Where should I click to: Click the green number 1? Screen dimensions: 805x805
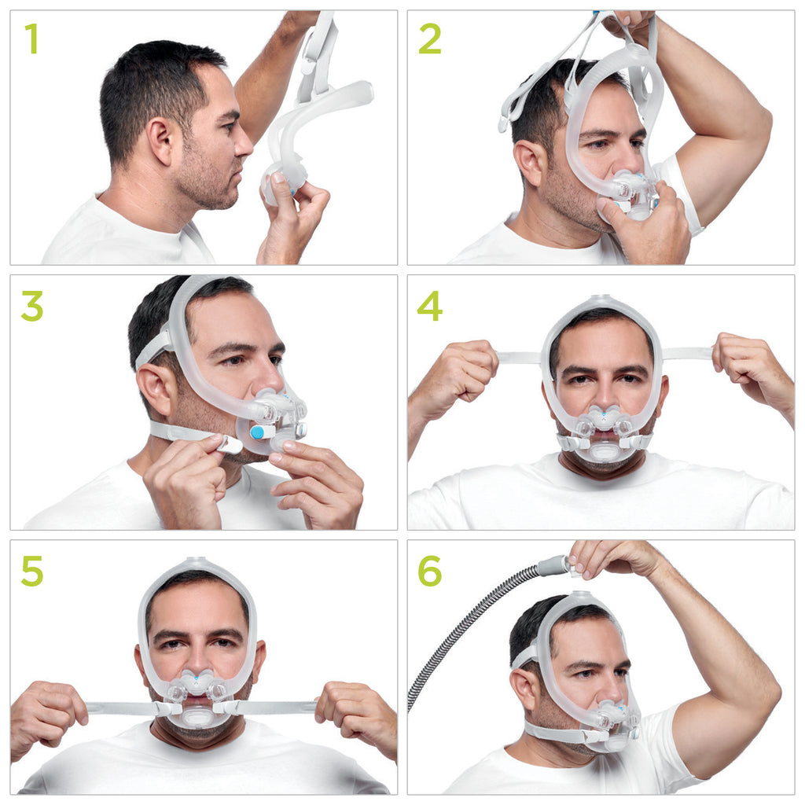coord(31,39)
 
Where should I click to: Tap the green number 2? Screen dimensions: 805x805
coord(429,39)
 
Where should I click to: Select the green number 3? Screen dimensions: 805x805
coord(32,306)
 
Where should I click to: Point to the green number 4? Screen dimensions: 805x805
coord(429,306)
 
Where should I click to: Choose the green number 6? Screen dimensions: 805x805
coord(429,571)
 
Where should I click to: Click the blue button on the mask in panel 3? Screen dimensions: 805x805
coord(257,432)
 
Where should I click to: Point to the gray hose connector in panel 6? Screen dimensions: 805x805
coord(553,565)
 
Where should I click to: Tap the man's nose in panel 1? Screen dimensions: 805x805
coord(244,142)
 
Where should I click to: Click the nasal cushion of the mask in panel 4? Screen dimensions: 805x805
coord(602,417)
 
